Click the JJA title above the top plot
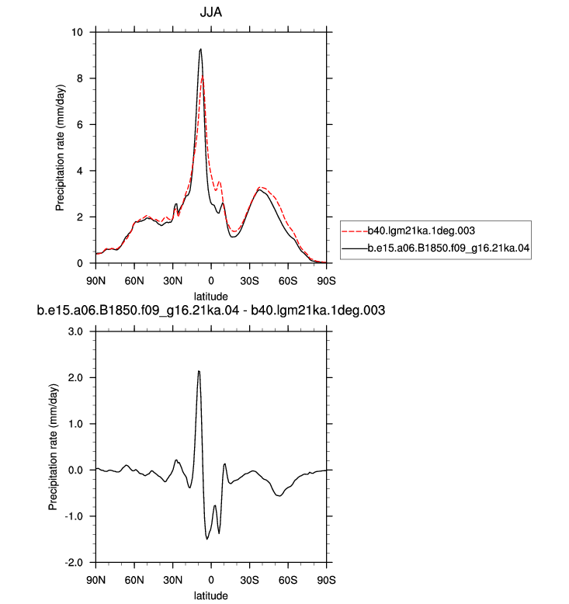(210, 12)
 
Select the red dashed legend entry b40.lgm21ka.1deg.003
(408, 231)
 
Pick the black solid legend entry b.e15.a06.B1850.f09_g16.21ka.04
(435, 248)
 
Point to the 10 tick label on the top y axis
(77, 32)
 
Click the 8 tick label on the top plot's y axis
(80, 78)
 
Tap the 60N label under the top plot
(134, 281)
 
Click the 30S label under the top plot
(249, 281)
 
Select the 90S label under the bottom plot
(326, 580)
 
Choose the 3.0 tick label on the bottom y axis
(75, 332)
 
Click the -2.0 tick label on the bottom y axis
(74, 562)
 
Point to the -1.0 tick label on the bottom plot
(74, 516)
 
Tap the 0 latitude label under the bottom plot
(210, 580)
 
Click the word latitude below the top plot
(210, 297)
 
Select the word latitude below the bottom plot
(210, 595)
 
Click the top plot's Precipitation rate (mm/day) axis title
(61, 148)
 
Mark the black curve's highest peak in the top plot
(201, 49)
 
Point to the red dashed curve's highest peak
(203, 77)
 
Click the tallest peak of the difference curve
(199, 371)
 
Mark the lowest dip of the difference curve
(207, 539)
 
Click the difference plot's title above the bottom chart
(210, 310)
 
